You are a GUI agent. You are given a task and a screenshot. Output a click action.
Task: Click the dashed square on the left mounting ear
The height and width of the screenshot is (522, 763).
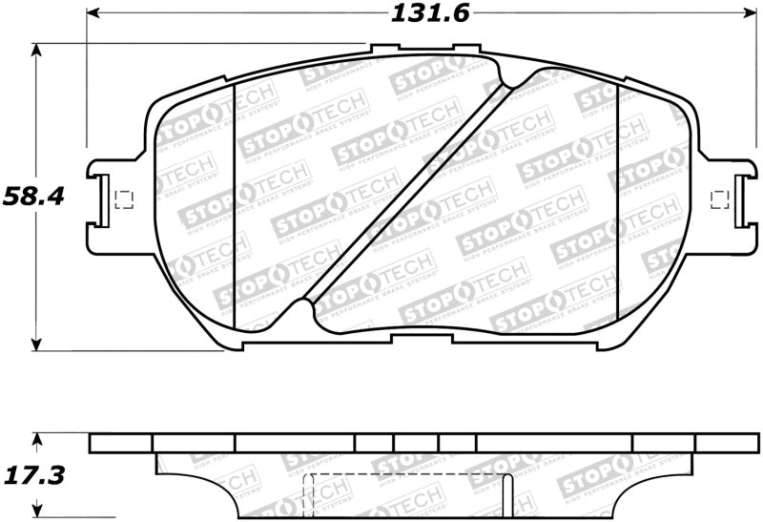click(x=122, y=199)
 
